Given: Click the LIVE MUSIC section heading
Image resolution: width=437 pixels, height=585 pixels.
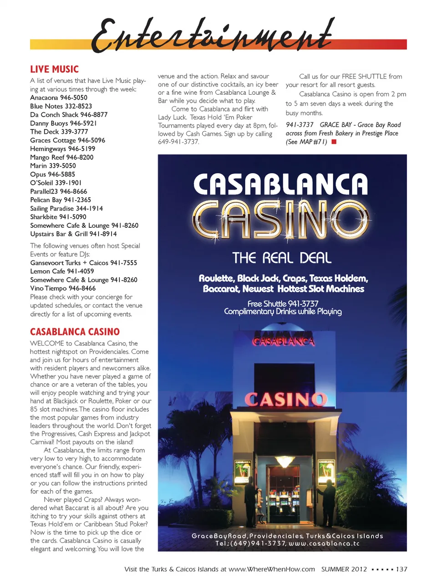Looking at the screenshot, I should click(x=54, y=69).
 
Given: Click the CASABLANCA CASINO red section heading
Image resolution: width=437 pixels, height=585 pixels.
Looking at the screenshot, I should click(x=75, y=332).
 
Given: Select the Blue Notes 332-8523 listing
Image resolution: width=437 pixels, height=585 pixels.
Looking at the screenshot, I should click(x=61, y=106).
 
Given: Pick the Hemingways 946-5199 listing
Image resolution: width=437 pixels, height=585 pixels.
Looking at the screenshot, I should click(x=63, y=149).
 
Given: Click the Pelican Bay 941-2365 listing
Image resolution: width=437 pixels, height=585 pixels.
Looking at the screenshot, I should click(x=61, y=200).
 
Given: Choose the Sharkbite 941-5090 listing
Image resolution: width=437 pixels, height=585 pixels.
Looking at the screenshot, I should click(x=58, y=217).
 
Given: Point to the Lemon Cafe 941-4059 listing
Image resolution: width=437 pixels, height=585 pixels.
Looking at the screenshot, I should click(x=62, y=271).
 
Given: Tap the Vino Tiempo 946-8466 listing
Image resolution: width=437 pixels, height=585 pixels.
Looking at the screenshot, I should click(x=63, y=288).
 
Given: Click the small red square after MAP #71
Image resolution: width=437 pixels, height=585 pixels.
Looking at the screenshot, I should click(x=334, y=142).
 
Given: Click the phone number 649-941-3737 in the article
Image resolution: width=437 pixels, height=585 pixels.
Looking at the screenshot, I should click(x=178, y=142).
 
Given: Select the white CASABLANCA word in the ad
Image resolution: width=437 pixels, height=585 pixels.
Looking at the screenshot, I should click(x=280, y=184).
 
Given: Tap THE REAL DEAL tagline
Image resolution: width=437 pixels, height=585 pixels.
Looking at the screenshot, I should click(x=282, y=258).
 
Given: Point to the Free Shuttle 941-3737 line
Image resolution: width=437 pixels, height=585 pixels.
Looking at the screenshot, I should click(x=283, y=303).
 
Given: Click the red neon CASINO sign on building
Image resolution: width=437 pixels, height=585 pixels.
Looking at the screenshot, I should click(x=285, y=400).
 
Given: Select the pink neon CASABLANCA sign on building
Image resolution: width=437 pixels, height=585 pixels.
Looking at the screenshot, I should click(x=284, y=341).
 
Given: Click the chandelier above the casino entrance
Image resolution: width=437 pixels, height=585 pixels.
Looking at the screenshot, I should click(x=285, y=462).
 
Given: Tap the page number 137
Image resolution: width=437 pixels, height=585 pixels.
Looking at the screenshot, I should click(x=401, y=569).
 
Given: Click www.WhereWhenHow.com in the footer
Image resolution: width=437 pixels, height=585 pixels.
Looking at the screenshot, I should click(x=271, y=569).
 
